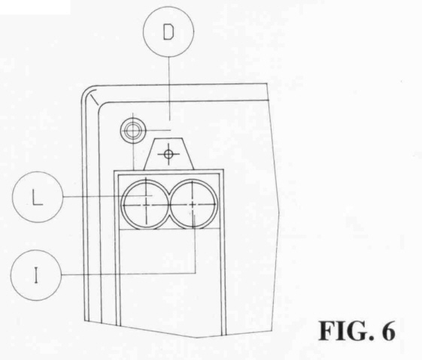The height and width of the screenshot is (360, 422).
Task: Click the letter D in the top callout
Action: coord(168,32)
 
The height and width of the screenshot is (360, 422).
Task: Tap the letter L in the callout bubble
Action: coord(38,198)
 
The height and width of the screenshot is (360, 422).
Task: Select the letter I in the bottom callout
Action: coord(36,275)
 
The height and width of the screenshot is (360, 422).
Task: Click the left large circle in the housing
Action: coord(122,204)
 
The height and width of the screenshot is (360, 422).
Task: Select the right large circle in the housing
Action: coord(217,204)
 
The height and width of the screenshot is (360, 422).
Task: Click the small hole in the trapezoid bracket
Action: coord(168,154)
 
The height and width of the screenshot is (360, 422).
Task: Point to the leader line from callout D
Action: coord(169,88)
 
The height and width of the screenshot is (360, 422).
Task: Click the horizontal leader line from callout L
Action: coord(108,196)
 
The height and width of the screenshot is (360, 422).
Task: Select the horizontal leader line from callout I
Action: coord(129,274)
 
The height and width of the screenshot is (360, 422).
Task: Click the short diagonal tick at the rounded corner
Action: coord(95,99)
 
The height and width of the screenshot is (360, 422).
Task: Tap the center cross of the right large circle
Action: coord(193,205)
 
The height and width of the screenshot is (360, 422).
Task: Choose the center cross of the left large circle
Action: coord(146,205)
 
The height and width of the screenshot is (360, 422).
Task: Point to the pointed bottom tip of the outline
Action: coord(196,337)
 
